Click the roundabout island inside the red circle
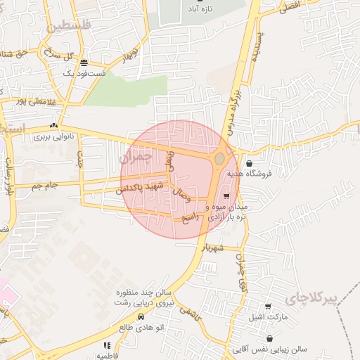coord(219,160)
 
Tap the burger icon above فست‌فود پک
coord(84,62)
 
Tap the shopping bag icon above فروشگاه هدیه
coord(250,164)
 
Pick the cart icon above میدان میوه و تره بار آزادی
coord(226,196)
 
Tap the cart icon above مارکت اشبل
coord(268,307)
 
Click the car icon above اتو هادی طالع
coord(141,317)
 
